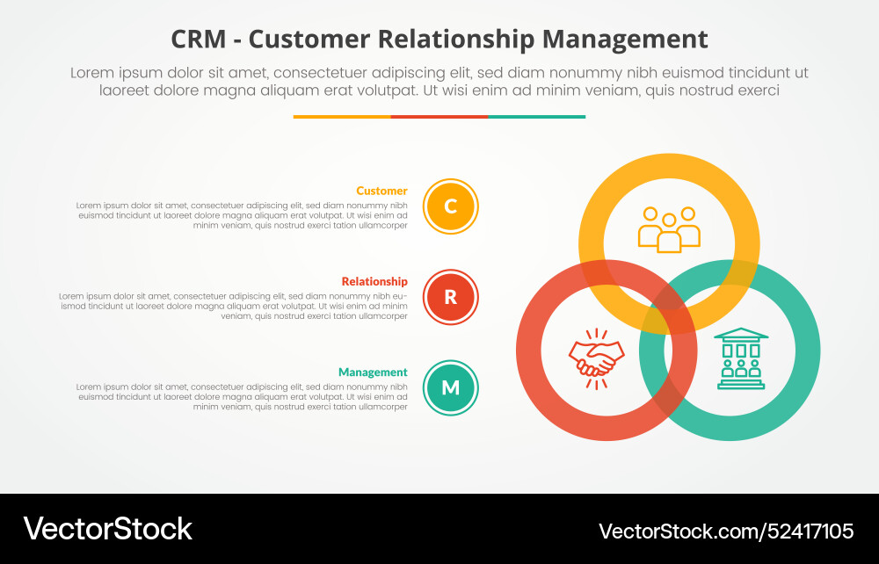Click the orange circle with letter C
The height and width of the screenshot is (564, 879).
tap(450, 206)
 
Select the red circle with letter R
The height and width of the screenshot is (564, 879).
tap(450, 297)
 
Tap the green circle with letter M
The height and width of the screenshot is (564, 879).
tap(450, 387)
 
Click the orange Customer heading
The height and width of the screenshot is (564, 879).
tap(381, 191)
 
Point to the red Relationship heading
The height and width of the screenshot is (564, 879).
tap(374, 281)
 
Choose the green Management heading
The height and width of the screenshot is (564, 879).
tap(373, 372)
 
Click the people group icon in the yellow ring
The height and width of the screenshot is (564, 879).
tap(669, 228)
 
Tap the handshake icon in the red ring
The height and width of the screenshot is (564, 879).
tap(596, 357)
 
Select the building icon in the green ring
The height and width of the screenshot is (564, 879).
tap(741, 358)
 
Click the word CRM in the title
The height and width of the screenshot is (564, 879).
tap(199, 40)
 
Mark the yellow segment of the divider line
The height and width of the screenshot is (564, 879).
tap(342, 116)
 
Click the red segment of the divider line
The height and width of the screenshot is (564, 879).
tap(439, 116)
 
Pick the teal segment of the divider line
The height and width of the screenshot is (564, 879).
tap(536, 116)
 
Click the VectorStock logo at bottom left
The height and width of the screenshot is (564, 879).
tap(107, 528)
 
